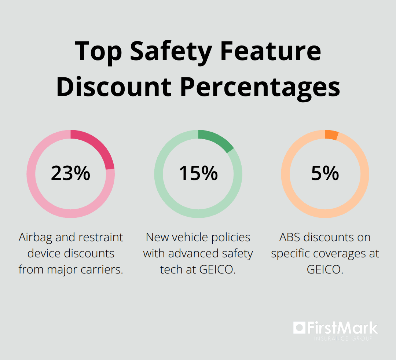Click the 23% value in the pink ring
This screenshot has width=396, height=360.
click(70, 173)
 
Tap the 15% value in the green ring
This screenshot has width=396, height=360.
click(198, 173)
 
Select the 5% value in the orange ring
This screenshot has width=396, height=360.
click(325, 173)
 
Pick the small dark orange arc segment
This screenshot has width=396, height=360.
click(331, 135)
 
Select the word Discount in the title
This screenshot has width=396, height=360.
click(114, 87)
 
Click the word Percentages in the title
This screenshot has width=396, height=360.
click(261, 87)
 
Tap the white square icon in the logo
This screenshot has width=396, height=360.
click(299, 327)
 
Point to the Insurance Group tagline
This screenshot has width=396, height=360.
click(343, 338)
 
